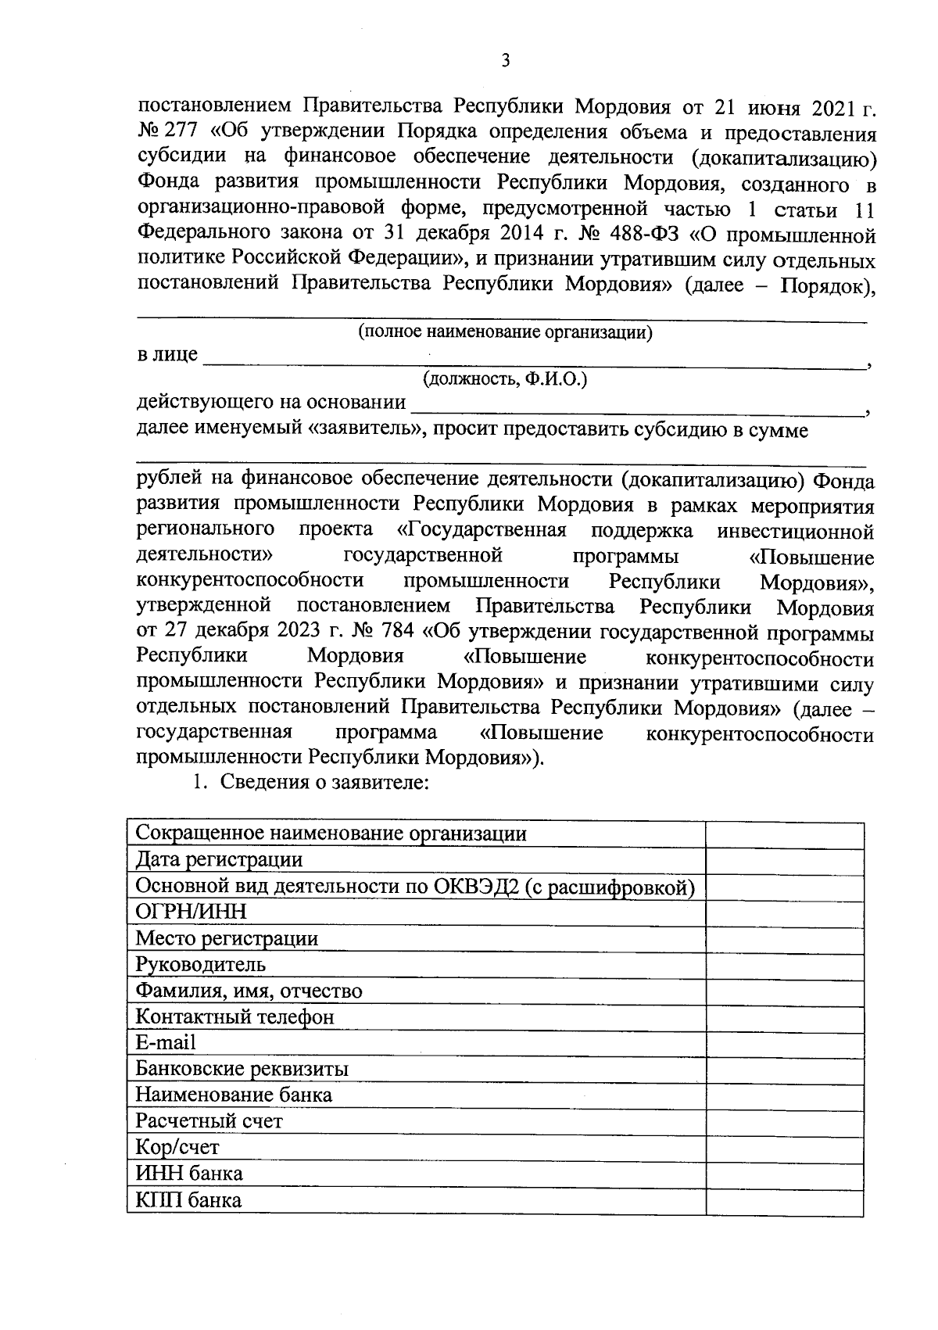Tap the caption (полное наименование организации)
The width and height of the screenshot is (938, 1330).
click(505, 332)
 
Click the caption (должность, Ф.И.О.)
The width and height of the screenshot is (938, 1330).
click(505, 380)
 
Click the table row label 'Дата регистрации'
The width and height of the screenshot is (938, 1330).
click(219, 860)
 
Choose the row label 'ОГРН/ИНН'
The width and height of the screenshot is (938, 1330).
click(191, 912)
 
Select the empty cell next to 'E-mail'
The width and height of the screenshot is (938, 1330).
click(784, 1044)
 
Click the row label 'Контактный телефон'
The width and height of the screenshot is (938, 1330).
click(234, 1017)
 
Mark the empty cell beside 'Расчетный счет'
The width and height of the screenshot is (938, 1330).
click(784, 1122)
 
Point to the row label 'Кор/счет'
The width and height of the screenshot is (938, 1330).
click(177, 1148)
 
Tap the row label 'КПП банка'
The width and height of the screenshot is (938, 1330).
click(188, 1200)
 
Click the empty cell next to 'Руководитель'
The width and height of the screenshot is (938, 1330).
click(784, 965)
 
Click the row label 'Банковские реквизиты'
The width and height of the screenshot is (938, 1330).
click(242, 1070)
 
